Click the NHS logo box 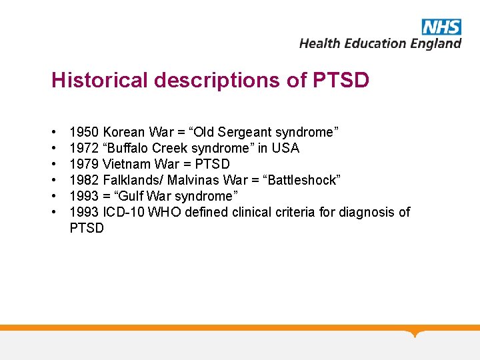tap(441, 27)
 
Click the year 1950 tap(84, 132)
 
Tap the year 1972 tap(84, 148)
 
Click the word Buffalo tap(131, 148)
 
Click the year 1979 tap(84, 164)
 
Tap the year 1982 tap(84, 180)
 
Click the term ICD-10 tap(121, 212)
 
